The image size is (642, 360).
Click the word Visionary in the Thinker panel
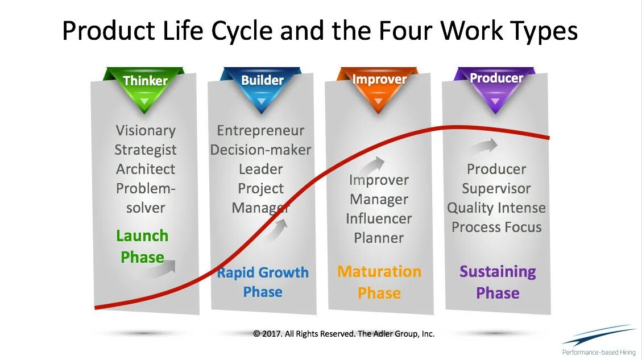(x=146, y=130)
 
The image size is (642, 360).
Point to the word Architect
(x=146, y=169)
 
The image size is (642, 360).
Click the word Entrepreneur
(x=260, y=130)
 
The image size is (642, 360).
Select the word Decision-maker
(x=260, y=150)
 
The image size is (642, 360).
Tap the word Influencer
(x=379, y=218)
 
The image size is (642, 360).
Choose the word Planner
(x=379, y=238)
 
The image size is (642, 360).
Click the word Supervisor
(x=496, y=188)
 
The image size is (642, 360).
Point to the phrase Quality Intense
(x=496, y=208)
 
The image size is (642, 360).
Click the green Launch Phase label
(x=142, y=246)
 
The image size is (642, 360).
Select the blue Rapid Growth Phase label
(x=262, y=282)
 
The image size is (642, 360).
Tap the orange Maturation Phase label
(x=379, y=282)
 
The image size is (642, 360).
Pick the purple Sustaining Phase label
(x=498, y=282)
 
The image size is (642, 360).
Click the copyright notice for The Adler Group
(x=343, y=334)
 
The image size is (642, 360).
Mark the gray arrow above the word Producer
(x=484, y=147)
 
